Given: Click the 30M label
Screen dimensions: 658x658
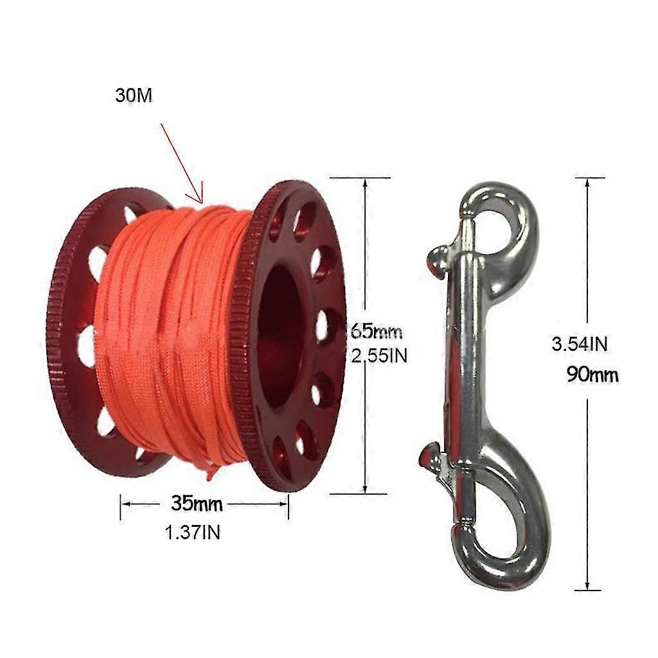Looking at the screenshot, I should (x=134, y=96).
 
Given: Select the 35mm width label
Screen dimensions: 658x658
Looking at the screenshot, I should (x=197, y=504).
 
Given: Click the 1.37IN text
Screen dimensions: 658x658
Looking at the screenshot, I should (x=191, y=532).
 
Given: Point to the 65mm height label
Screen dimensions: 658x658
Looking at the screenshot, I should (x=377, y=332).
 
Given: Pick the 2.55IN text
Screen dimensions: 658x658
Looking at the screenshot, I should (x=380, y=355).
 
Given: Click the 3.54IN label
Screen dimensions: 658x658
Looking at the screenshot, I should (x=580, y=344).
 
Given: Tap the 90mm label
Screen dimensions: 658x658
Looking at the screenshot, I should (x=592, y=374).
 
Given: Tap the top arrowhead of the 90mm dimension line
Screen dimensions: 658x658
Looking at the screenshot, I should (x=587, y=183).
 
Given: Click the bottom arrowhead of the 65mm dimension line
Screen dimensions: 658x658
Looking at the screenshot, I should (x=365, y=488).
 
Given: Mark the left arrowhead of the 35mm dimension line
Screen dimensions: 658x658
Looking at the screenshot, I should (x=125, y=504).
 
